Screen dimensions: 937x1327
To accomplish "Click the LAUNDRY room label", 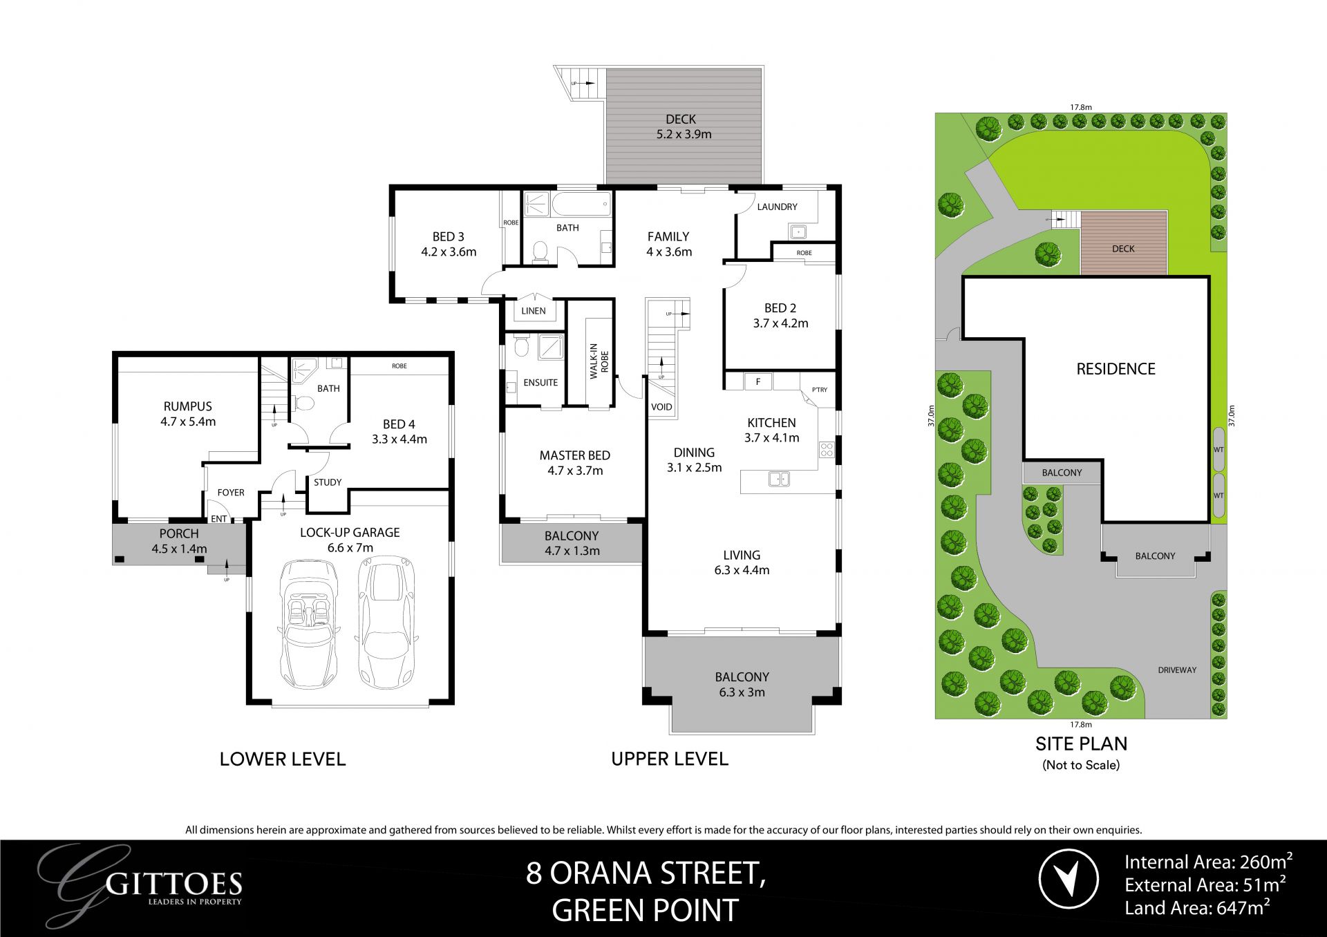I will coord(777,207).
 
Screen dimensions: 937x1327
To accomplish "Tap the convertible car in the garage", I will coord(308,622).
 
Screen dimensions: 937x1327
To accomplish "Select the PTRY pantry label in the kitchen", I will coord(820,390).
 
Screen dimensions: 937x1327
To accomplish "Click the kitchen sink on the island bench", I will coord(779,477).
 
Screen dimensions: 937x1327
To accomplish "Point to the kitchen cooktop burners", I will coord(827,451).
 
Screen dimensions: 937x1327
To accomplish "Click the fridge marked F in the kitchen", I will coord(758,381).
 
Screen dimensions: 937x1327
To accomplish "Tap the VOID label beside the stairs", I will coord(661,407).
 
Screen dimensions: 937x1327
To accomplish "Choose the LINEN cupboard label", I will coord(533,311).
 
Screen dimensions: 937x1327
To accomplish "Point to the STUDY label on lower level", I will coord(328,482).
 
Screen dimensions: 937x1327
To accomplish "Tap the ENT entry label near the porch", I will coord(218,519).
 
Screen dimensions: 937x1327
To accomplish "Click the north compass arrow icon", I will coord(1069,878).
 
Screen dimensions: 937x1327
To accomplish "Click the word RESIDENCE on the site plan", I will coord(1116,369).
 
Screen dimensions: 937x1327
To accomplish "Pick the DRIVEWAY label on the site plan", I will coord(1177,670).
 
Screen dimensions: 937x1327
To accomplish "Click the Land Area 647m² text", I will coord(1197,908).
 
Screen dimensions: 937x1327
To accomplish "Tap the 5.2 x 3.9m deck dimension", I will coord(684,135).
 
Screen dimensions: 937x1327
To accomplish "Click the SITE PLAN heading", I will coord(1081,744).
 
